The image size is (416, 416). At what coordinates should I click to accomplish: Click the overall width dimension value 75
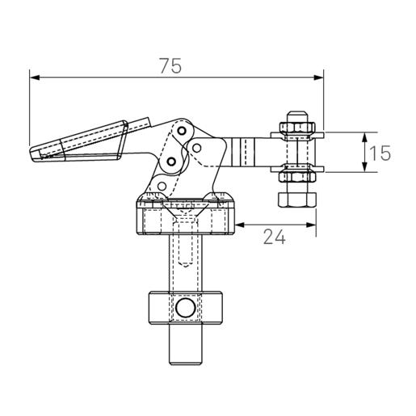[x=170, y=67]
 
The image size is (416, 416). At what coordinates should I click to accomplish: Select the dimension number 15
[x=381, y=152]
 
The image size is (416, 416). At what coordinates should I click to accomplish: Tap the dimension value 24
[x=272, y=237]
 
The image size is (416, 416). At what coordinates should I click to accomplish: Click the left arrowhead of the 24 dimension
[x=241, y=225]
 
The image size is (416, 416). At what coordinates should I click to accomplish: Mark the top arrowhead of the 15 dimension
[x=366, y=137]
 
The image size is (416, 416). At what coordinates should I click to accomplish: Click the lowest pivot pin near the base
[x=162, y=187]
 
